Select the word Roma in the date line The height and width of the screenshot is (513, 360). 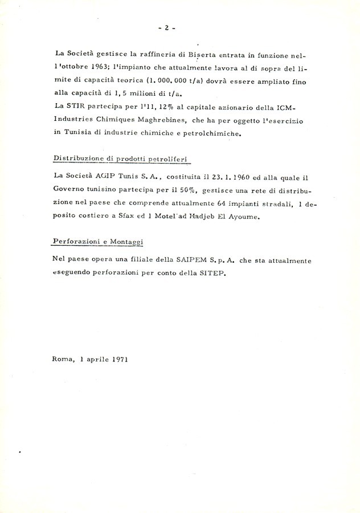pyautogui.click(x=62, y=360)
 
